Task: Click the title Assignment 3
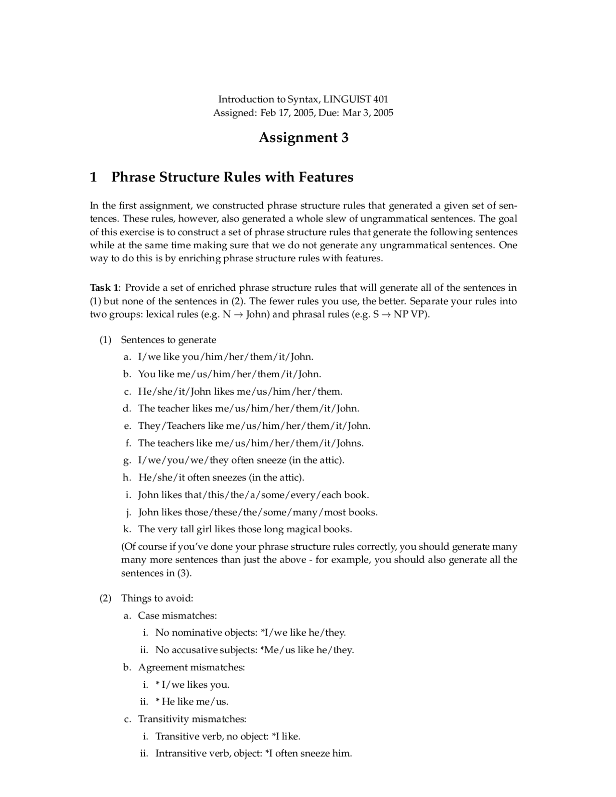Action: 303,138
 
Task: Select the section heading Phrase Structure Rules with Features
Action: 232,177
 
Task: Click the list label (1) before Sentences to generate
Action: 105,340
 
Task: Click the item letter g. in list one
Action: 127,460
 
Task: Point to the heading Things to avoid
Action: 157,598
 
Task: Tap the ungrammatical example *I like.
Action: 286,736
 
